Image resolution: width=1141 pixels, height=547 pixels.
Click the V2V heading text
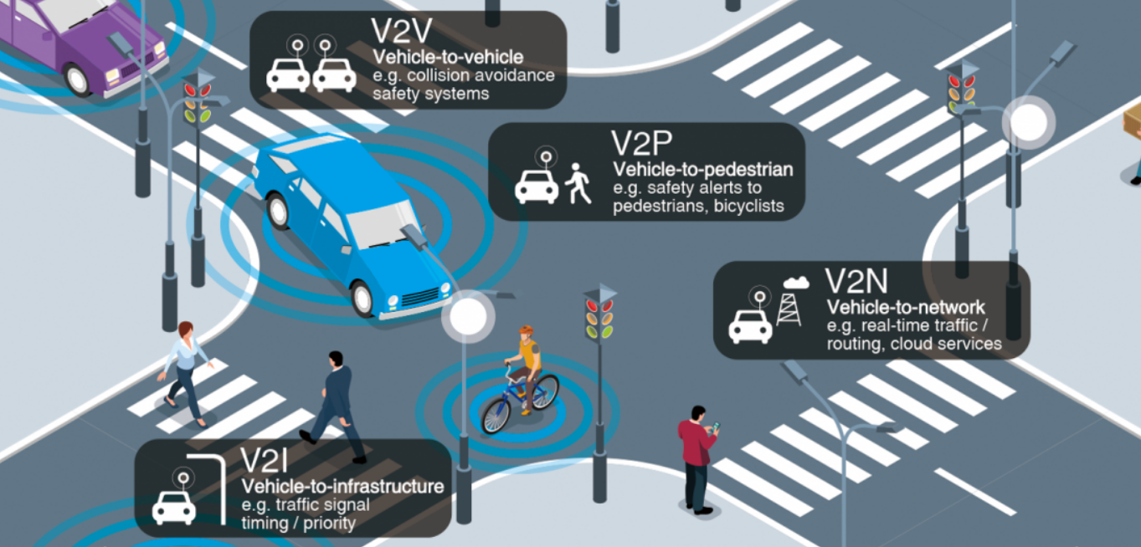(402, 31)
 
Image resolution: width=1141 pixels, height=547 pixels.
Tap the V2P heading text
(642, 144)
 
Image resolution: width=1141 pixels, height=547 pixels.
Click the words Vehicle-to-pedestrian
(702, 170)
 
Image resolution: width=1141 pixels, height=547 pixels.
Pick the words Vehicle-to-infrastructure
(342, 486)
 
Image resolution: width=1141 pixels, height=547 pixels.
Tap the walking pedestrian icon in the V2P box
(578, 184)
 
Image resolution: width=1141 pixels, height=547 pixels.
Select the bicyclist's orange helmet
(526, 330)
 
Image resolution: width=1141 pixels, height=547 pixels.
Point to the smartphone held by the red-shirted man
(716, 428)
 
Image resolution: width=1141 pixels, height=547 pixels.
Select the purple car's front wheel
(78, 79)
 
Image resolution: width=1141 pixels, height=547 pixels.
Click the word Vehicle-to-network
(906, 307)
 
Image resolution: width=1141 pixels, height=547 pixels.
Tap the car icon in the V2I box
(174, 506)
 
